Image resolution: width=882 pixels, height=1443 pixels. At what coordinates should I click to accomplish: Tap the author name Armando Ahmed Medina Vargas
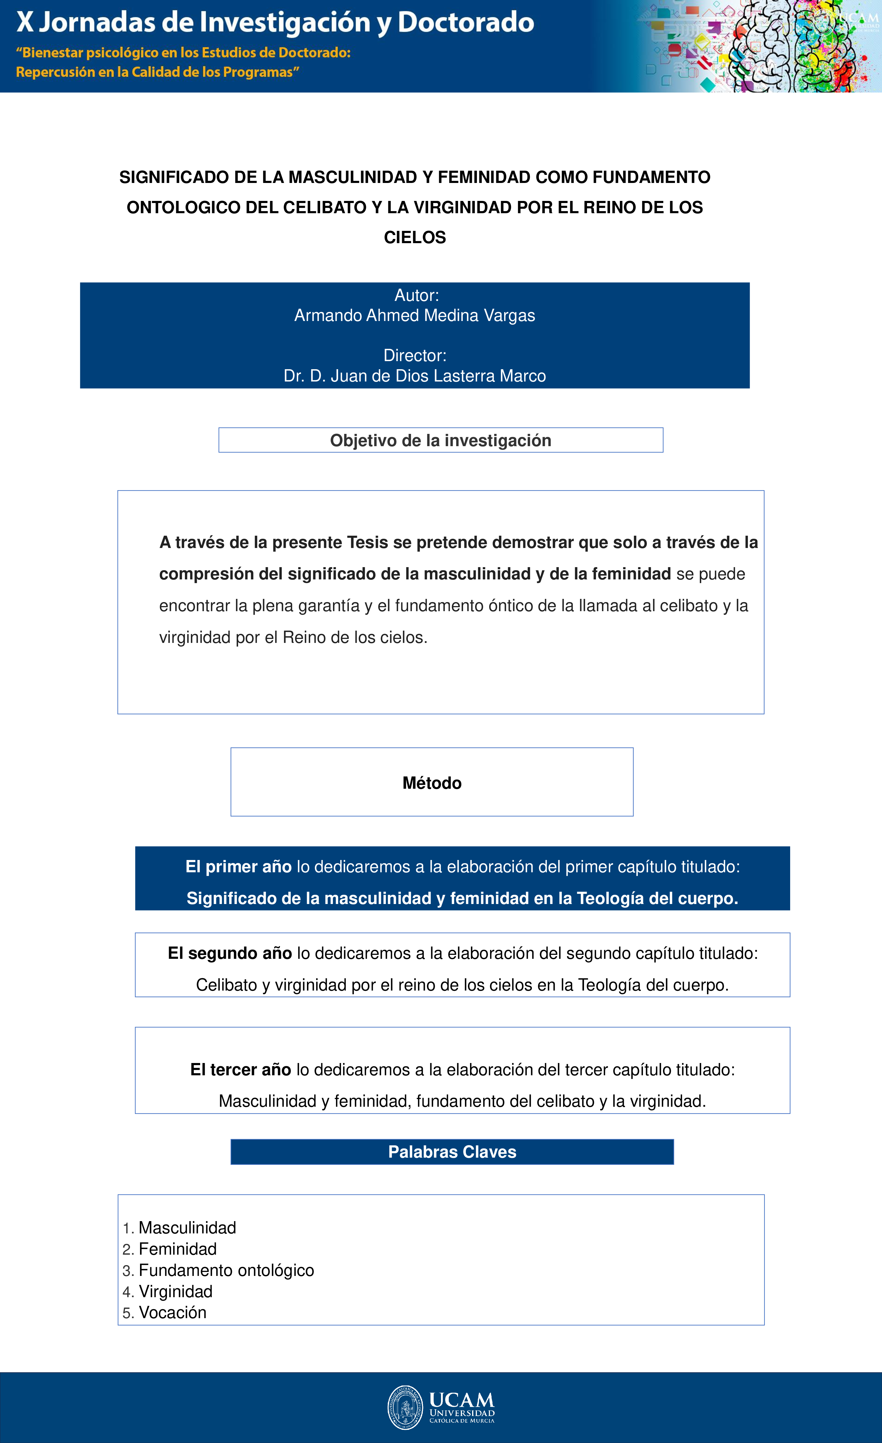(x=414, y=316)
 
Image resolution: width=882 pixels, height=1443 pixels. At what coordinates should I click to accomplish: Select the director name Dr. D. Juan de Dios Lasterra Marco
(x=414, y=376)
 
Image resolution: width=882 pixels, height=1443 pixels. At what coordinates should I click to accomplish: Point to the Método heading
(x=432, y=783)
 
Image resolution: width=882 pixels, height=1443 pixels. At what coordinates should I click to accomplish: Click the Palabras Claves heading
(x=452, y=1152)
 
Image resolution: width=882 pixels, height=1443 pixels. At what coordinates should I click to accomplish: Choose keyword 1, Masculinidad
(x=187, y=1227)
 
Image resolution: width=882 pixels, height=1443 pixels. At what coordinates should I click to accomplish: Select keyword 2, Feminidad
(x=177, y=1249)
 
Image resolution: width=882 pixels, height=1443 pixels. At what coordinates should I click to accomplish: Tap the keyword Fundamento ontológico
(x=226, y=1270)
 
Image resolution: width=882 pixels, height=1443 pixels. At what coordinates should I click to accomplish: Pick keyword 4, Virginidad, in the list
(x=176, y=1291)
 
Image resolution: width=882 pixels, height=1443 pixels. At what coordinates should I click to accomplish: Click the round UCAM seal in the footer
(x=405, y=1407)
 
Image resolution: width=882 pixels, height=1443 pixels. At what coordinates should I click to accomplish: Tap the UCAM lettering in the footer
(x=462, y=1400)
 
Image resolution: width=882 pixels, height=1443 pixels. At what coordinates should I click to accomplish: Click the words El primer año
(x=238, y=867)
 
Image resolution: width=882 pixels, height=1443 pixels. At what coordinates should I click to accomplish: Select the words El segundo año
(x=229, y=953)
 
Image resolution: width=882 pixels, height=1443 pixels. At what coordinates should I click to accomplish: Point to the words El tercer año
(x=241, y=1070)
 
